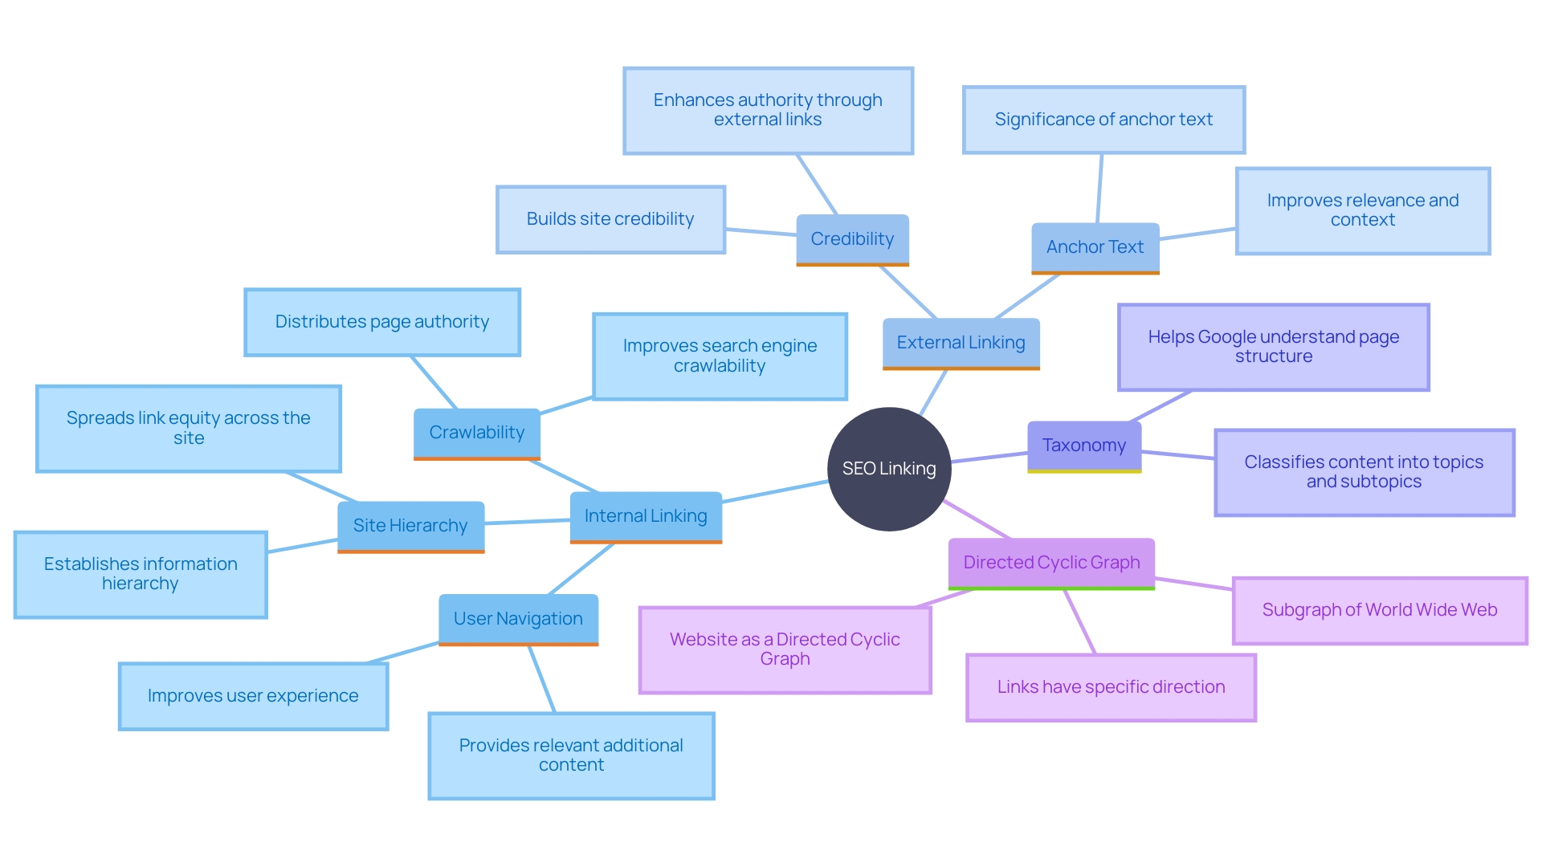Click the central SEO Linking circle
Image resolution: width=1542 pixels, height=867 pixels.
[889, 469]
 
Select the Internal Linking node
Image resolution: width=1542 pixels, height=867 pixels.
[646, 516]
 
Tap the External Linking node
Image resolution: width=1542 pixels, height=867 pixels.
[961, 343]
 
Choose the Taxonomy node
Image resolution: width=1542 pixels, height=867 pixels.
[1083, 446]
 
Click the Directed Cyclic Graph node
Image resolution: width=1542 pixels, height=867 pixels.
[1051, 563]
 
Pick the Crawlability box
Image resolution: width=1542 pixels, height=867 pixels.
[476, 433]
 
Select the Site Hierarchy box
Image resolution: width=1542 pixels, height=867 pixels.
[410, 526]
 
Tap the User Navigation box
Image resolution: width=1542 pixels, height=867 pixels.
[518, 619]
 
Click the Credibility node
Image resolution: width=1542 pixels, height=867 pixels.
[852, 239]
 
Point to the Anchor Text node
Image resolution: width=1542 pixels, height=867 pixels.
[1095, 247]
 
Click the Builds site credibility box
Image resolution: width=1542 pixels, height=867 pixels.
[610, 219]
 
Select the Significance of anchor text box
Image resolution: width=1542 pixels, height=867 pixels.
[1103, 120]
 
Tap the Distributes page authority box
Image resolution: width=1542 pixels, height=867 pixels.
[382, 322]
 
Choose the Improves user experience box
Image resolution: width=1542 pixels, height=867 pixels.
[253, 696]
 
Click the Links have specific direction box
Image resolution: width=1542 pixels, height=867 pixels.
[1111, 687]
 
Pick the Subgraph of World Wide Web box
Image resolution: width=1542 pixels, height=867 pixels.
[1379, 610]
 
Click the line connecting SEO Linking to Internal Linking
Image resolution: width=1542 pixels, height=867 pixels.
[775, 492]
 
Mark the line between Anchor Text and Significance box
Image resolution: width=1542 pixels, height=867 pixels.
[1099, 189]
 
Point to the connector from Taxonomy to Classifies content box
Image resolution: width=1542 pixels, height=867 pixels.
[1178, 455]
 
